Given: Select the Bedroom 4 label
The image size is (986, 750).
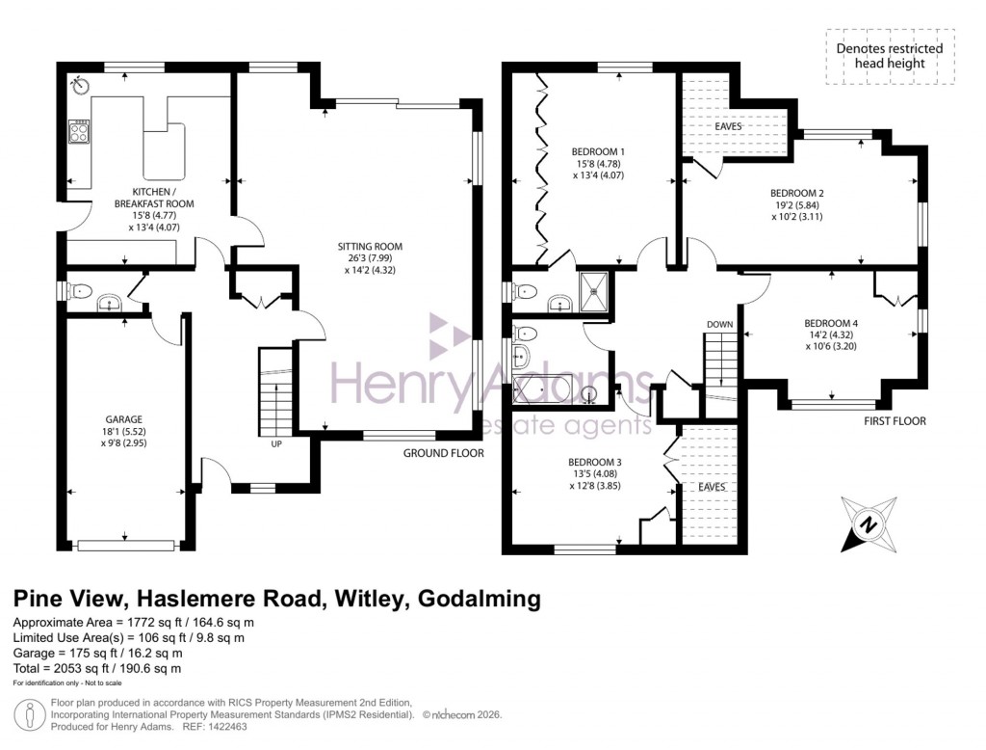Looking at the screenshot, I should [829, 323].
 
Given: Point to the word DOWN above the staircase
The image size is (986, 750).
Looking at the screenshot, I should [720, 324].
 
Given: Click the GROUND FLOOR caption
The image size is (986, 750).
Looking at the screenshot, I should [443, 453].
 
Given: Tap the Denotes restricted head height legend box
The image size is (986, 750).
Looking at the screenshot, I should [890, 56].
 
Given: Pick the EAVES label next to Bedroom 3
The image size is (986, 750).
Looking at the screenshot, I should [712, 487].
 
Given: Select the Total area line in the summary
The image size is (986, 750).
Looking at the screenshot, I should [97, 668].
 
